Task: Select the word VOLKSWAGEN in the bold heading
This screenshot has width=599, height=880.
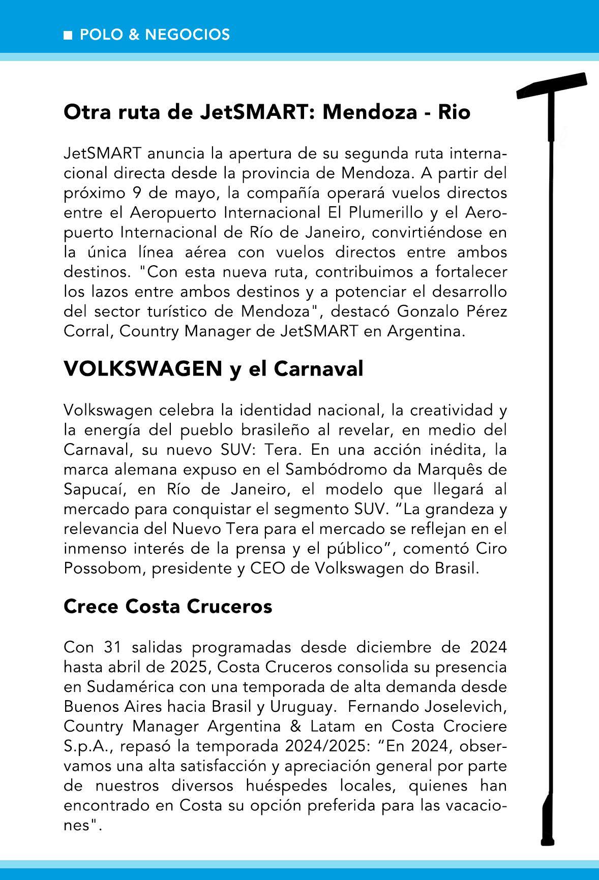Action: [143, 369]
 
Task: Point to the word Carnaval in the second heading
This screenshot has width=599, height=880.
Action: [318, 369]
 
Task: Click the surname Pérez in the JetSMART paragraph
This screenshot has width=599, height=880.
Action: [487, 311]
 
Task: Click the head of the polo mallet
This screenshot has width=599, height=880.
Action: [552, 85]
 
